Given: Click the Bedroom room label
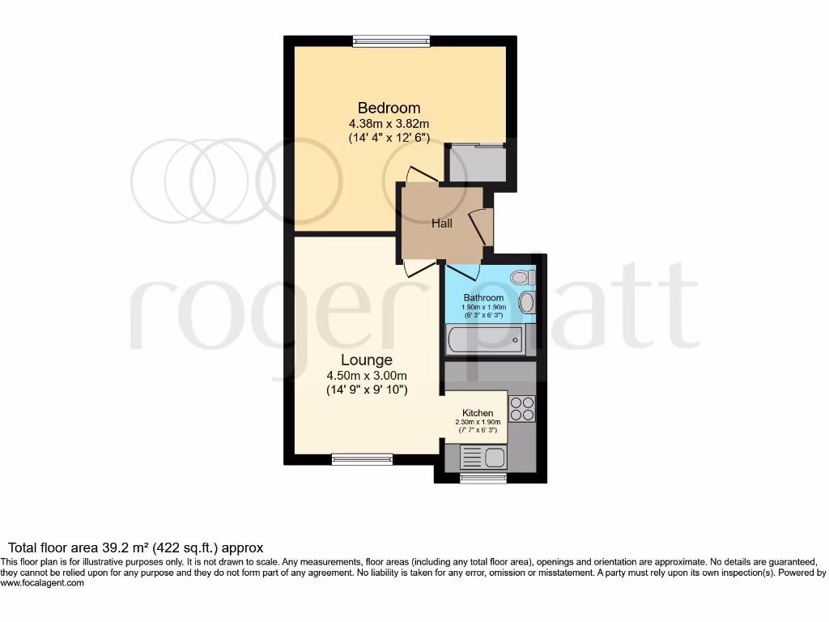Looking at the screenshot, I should (x=389, y=108).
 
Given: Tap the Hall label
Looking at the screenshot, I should (x=441, y=224).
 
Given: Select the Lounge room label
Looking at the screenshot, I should (x=366, y=360).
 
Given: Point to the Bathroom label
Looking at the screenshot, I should (x=483, y=298).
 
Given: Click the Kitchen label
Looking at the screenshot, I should (x=478, y=413).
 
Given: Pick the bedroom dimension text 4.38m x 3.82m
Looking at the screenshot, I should (x=389, y=124).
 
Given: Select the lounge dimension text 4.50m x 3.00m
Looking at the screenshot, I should (x=366, y=375).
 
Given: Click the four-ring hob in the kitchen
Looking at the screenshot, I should (x=522, y=407).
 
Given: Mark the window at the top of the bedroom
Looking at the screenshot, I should (x=391, y=40).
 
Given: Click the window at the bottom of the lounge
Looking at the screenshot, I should (x=362, y=459).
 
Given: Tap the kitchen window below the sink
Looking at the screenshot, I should (x=478, y=479).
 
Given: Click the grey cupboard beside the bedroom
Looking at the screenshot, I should (x=477, y=164).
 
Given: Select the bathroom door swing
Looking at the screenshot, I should (x=461, y=271).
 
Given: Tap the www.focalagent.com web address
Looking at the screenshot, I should (x=42, y=583).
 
